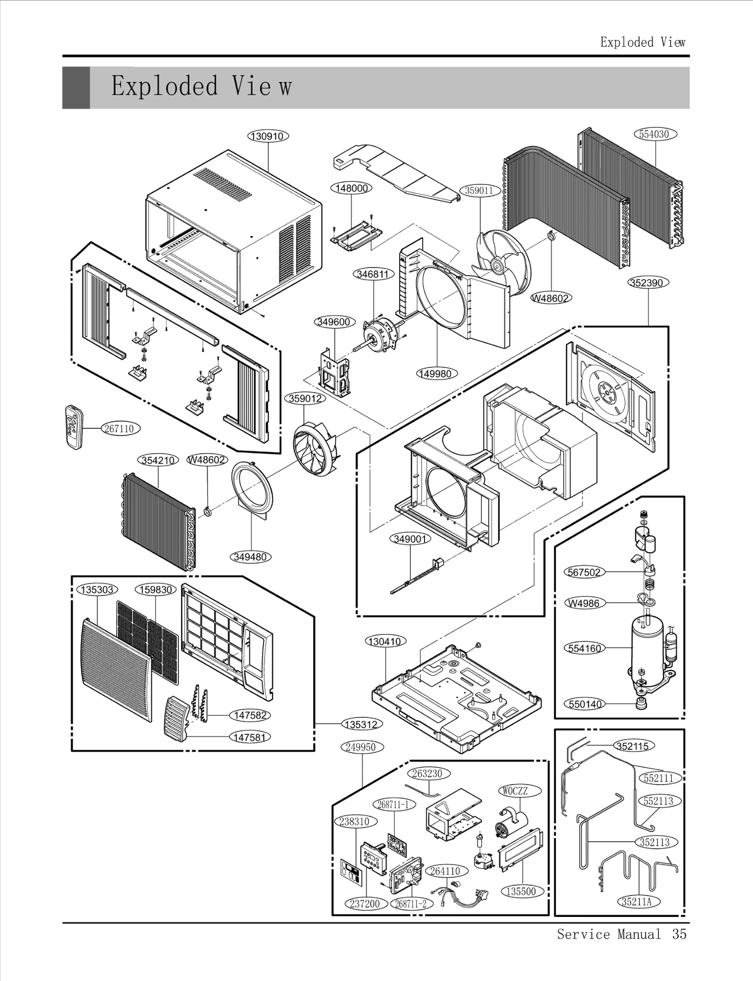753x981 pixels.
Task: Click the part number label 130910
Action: point(268,136)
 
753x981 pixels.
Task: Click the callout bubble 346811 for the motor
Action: point(373,274)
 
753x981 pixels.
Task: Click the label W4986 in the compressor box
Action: point(584,603)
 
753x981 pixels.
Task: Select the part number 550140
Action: point(585,704)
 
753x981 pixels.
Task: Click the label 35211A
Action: point(636,901)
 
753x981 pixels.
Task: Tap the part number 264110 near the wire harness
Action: point(445,871)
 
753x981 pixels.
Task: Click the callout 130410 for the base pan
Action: point(385,641)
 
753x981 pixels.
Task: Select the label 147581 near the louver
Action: point(249,737)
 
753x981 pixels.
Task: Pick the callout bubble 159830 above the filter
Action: point(156,590)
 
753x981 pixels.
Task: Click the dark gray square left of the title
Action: point(76,88)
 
